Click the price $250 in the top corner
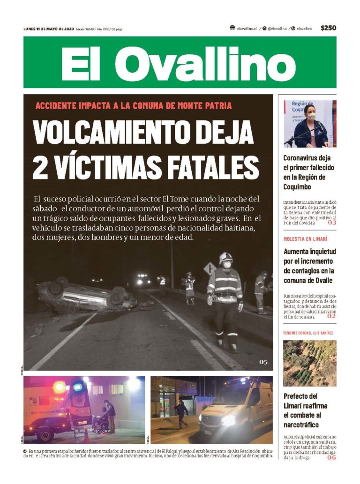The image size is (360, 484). click(328, 28)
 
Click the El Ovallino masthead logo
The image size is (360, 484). click(180, 62)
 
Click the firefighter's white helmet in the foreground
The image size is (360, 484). click(226, 256)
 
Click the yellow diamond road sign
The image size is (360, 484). click(210, 268)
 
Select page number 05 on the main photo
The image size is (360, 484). click(263, 362)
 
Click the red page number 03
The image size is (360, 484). click(332, 223)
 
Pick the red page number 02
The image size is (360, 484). click(331, 316)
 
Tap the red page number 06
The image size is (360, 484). click(331, 457)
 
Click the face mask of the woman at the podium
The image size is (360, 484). click(311, 115)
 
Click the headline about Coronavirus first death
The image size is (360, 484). click(307, 172)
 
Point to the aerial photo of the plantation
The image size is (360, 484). click(309, 363)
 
